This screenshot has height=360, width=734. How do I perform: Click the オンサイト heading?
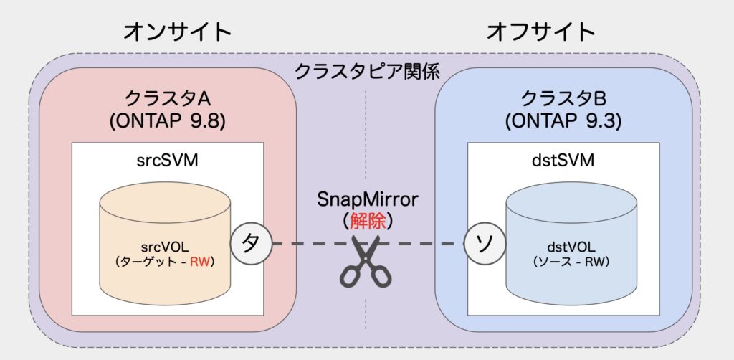point(178,32)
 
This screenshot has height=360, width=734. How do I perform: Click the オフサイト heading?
point(540,32)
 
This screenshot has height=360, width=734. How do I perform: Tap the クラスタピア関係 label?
point(366,72)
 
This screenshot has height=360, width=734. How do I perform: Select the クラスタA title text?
point(167,99)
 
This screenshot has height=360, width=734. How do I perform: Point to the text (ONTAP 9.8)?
point(167,122)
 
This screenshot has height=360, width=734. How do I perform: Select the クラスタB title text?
point(563,99)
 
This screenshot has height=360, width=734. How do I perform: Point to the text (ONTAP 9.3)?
point(563,122)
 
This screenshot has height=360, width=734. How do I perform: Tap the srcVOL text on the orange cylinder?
point(165,247)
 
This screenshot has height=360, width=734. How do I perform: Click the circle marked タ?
point(251,243)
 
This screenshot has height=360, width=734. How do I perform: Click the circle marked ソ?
point(485,243)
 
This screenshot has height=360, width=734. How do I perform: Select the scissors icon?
point(366,260)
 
